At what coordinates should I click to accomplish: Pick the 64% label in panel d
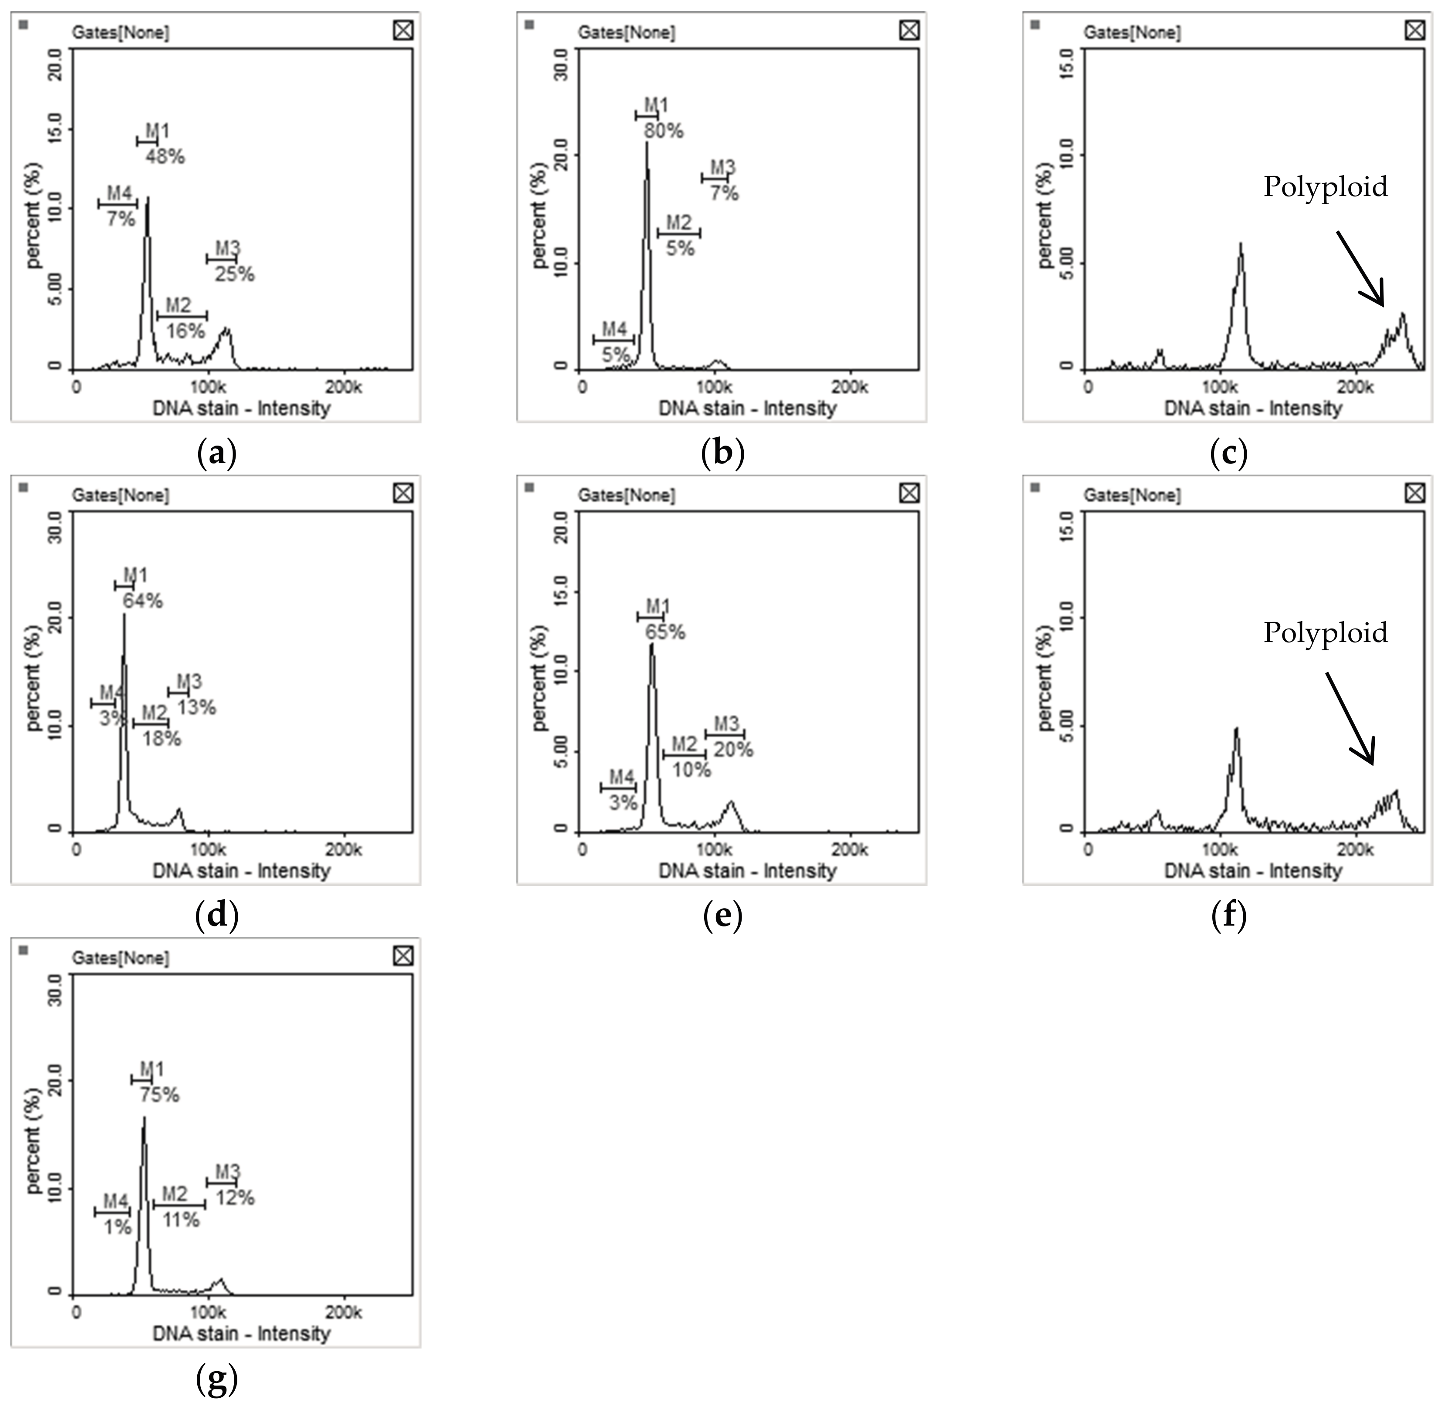click(142, 601)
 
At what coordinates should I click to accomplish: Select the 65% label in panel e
click(665, 632)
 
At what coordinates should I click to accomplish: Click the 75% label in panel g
click(159, 1095)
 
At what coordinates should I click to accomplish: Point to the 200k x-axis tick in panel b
click(849, 387)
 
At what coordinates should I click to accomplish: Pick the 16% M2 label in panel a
click(185, 331)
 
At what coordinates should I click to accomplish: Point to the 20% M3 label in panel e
click(733, 750)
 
